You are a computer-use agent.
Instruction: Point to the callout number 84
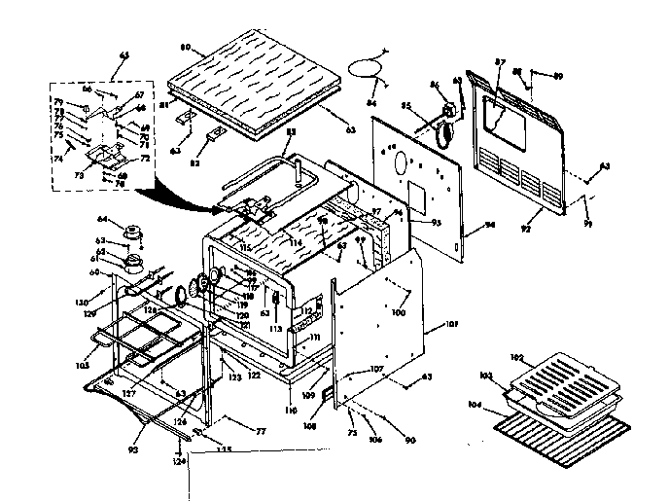(x=371, y=102)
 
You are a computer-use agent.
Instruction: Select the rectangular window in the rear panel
(x=508, y=109)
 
